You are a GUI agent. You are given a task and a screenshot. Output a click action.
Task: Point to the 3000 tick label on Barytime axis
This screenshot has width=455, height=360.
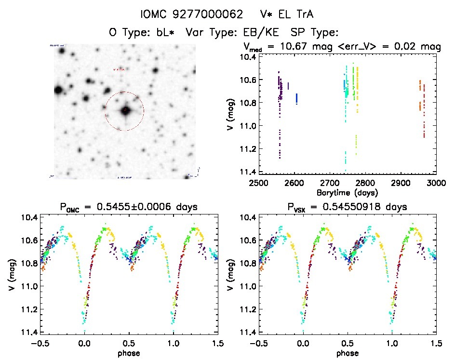pyautogui.click(x=427, y=184)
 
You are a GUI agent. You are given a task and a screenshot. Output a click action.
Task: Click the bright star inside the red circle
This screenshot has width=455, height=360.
pyautogui.click(x=124, y=111)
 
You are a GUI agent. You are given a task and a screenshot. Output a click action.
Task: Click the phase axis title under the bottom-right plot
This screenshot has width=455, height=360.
pyautogui.click(x=347, y=353)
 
